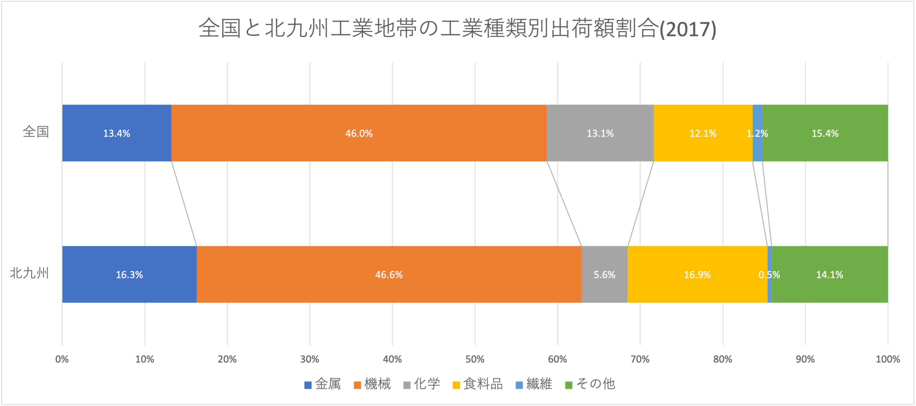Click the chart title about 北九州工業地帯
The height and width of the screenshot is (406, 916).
[x=457, y=29]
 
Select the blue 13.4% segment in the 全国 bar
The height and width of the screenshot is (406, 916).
[x=117, y=133]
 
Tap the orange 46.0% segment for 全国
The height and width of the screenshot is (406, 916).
[x=359, y=133]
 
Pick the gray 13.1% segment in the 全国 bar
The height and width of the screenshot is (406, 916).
[x=600, y=133]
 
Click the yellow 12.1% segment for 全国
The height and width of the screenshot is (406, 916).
[x=703, y=133]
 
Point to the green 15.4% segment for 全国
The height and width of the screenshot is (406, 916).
[x=825, y=133]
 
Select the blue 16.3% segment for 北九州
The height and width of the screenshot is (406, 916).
[x=129, y=274]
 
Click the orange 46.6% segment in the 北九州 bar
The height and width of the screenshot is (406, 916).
[x=389, y=274]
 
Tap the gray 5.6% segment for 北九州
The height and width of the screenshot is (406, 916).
[x=604, y=274]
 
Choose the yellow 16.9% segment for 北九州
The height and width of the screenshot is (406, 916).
[x=697, y=274]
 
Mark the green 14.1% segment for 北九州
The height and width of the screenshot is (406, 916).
[x=829, y=274]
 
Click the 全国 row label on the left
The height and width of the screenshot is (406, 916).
[x=36, y=132]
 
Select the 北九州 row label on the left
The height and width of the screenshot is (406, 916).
[x=29, y=273]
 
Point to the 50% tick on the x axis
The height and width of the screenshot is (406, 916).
[x=475, y=359]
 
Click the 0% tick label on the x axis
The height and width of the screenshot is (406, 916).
[x=62, y=359]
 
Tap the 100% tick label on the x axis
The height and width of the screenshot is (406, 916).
[x=887, y=359]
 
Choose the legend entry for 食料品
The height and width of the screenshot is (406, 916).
[x=478, y=384]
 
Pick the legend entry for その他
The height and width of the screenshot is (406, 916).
[x=590, y=384]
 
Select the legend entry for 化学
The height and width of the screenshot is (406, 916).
[x=422, y=384]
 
